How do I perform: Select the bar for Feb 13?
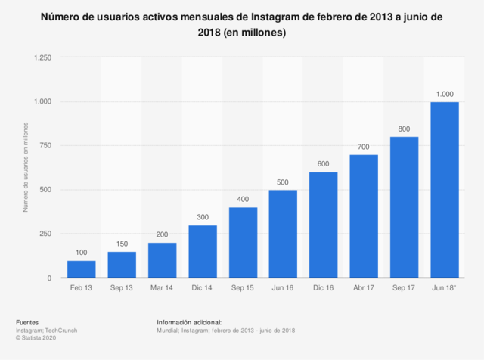pyautogui.click(x=82, y=269)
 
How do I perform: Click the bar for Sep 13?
pyautogui.click(x=122, y=265)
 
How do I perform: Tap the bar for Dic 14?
pyautogui.click(x=203, y=252)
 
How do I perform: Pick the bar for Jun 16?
pyautogui.click(x=283, y=234)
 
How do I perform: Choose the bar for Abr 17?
pyautogui.click(x=364, y=216)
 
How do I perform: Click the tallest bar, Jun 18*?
pyautogui.click(x=445, y=190)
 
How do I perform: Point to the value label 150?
pyautogui.click(x=122, y=244)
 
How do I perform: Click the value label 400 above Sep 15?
pyautogui.click(x=243, y=199)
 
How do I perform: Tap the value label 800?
pyautogui.click(x=405, y=129)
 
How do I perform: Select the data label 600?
pyautogui.click(x=324, y=164)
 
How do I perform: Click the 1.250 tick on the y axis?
pyautogui.click(x=42, y=57)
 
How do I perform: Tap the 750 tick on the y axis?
pyautogui.click(x=45, y=146)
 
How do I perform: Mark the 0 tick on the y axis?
pyautogui.click(x=49, y=278)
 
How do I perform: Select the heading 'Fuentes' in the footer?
pyautogui.click(x=26, y=322)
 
